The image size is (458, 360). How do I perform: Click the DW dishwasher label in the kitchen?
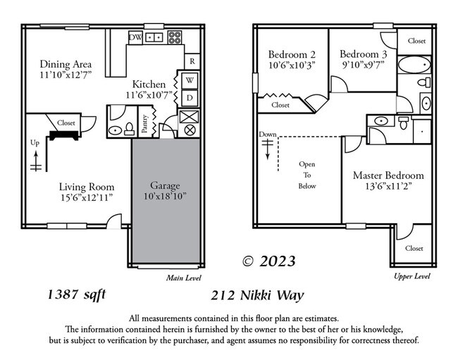tap(135, 37)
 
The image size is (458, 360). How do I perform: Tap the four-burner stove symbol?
tap(175, 37)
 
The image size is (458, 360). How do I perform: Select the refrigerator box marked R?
tap(192, 61)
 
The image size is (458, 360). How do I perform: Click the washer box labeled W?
tap(190, 80)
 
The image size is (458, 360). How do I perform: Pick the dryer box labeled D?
tap(190, 98)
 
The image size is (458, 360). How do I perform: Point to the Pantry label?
tap(144, 124)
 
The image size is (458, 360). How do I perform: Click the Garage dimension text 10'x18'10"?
tap(165, 197)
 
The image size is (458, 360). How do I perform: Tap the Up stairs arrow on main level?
tap(36, 161)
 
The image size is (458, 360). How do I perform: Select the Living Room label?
tap(87, 187)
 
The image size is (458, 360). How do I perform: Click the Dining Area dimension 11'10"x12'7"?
tap(66, 75)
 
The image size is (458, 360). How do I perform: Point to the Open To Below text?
tap(307, 175)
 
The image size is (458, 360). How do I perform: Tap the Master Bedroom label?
tap(388, 175)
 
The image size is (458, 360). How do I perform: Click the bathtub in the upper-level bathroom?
tap(414, 65)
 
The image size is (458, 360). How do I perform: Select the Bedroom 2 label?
tap(292, 54)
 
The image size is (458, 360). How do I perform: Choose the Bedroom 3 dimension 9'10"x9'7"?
tap(364, 65)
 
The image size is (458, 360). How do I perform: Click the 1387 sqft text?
tap(77, 294)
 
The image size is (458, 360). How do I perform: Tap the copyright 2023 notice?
tap(269, 261)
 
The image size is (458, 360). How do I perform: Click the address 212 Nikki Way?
tap(257, 295)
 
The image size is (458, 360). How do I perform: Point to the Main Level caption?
tap(184, 278)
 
